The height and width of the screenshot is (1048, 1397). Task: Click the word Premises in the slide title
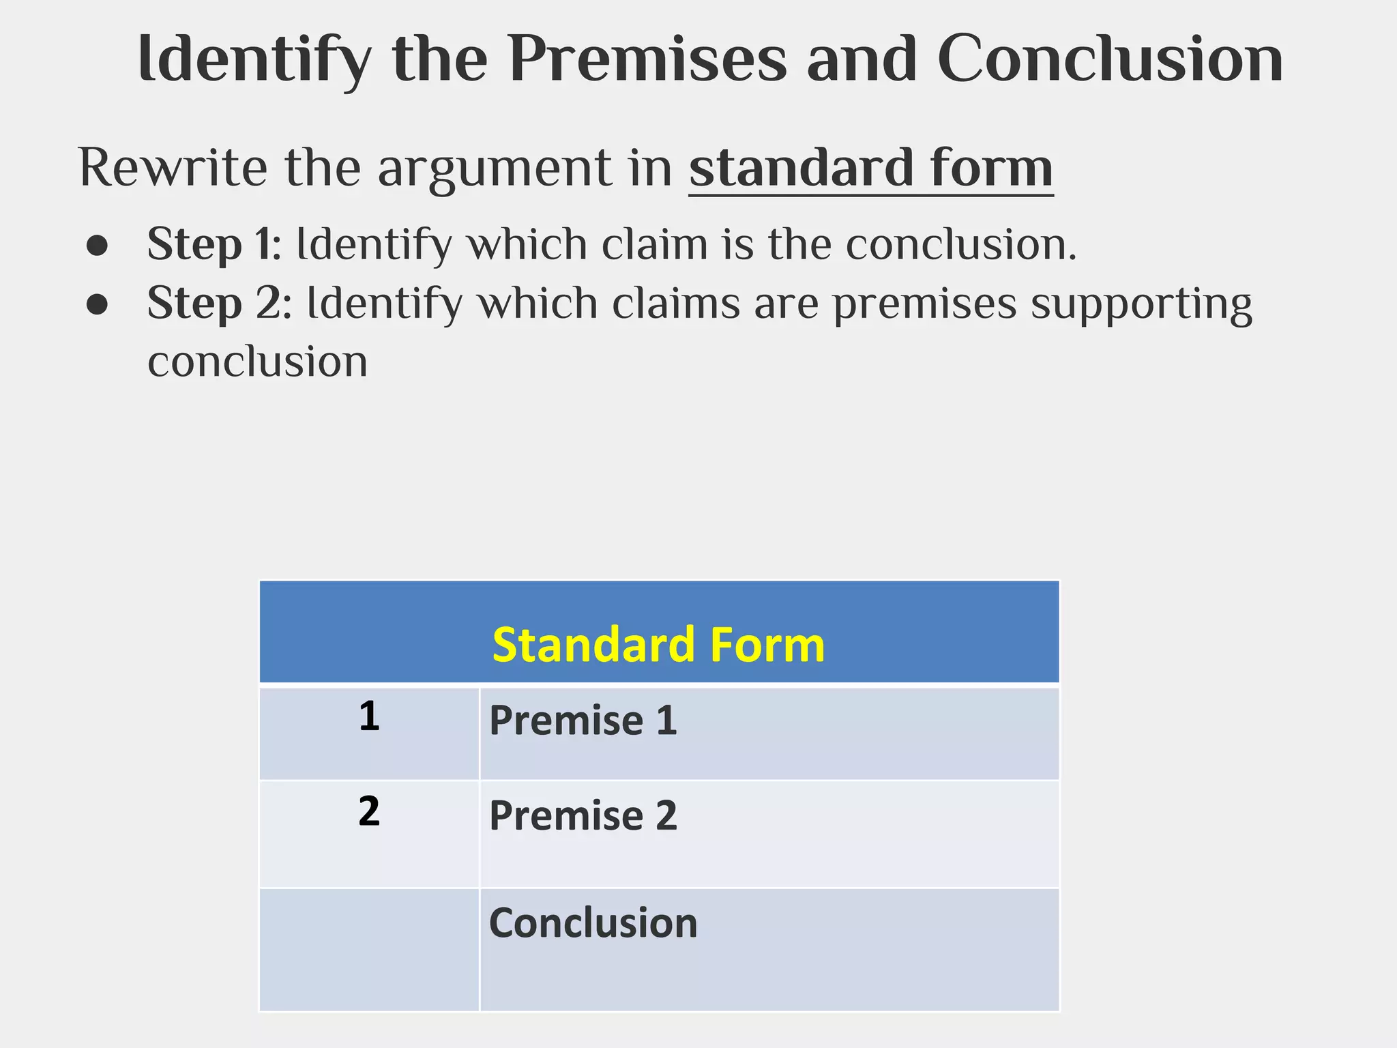pyautogui.click(x=647, y=59)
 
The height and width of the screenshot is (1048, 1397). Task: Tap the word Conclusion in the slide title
pyautogui.click(x=1110, y=59)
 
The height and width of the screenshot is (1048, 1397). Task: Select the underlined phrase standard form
pyautogui.click(x=870, y=168)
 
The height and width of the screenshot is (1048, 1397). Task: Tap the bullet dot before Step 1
pyautogui.click(x=98, y=246)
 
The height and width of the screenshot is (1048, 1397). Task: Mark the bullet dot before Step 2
pyautogui.click(x=98, y=305)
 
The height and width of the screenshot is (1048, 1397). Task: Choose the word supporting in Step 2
pyautogui.click(x=1141, y=304)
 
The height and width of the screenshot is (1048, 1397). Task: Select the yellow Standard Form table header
pyautogui.click(x=658, y=645)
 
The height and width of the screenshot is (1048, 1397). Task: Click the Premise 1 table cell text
pyautogui.click(x=583, y=720)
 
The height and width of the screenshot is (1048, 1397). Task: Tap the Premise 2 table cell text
pyautogui.click(x=583, y=815)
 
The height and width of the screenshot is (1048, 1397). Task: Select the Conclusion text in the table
pyautogui.click(x=593, y=923)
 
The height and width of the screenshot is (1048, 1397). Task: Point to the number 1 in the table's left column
pyautogui.click(x=369, y=716)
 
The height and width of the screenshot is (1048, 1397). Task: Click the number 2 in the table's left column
pyautogui.click(x=369, y=811)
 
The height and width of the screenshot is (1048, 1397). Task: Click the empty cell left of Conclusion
pyautogui.click(x=369, y=949)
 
